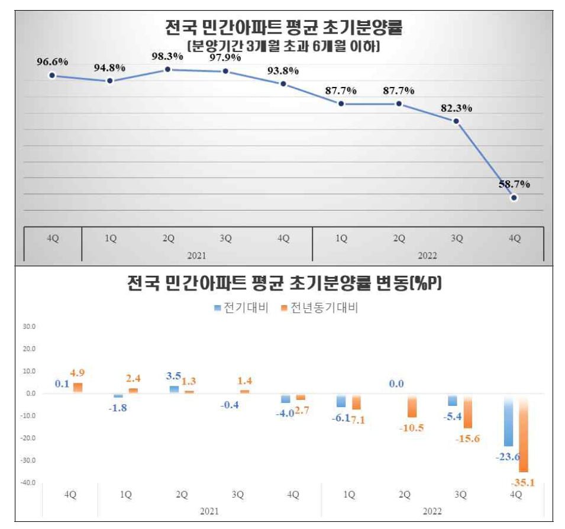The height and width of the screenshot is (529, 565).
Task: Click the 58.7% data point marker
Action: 514,198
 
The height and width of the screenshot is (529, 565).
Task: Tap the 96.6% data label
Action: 52,61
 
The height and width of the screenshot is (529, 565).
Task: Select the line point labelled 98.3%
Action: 167,69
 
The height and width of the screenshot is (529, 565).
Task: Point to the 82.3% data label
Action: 456,108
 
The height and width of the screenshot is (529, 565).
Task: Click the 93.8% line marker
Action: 283,84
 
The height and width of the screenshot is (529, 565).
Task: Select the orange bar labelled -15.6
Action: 467,411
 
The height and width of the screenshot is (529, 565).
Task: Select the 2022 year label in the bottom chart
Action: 432,510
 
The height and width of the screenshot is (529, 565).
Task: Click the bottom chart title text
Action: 285,285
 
